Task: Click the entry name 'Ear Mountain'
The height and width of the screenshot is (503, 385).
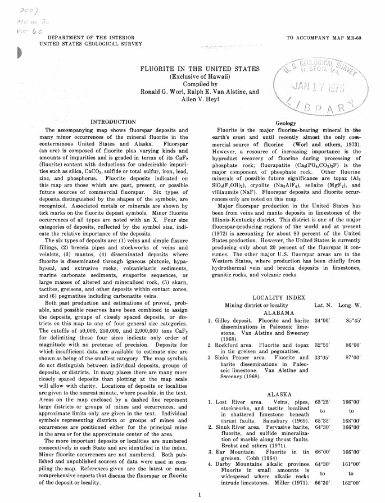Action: (234, 451)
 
